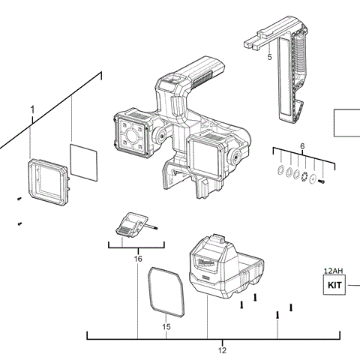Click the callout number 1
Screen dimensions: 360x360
[x=32, y=109]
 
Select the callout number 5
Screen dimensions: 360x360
[x=269, y=56]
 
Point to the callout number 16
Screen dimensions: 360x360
[x=138, y=258]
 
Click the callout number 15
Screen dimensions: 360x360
[x=167, y=326]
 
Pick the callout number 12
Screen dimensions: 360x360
[x=222, y=349]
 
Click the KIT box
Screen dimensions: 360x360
[x=332, y=286]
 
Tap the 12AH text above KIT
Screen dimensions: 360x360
[x=333, y=270]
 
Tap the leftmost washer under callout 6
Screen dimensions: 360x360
[x=279, y=171]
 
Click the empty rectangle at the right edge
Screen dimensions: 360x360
[x=346, y=122]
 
